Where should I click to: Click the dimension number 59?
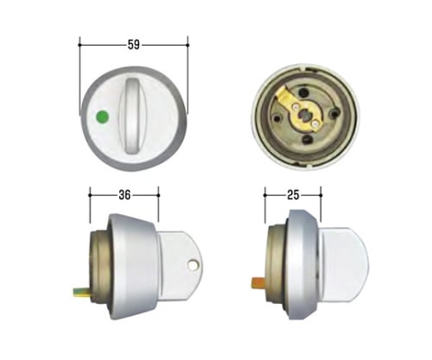(134, 45)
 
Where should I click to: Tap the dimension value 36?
(124, 195)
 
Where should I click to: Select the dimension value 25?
(293, 195)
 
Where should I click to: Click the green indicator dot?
(102, 117)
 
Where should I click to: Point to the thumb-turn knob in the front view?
(133, 114)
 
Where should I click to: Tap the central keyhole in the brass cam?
(304, 116)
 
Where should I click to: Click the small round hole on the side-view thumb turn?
(192, 265)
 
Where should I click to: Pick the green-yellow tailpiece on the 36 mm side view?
(82, 294)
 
